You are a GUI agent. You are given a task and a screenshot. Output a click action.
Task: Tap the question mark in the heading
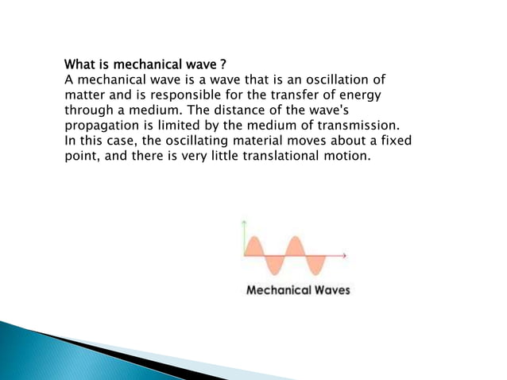(230, 64)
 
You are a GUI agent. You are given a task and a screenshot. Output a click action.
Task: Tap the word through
(90, 110)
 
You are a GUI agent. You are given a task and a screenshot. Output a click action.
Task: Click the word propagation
(102, 125)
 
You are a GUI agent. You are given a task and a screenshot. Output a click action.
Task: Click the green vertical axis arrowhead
(245, 221)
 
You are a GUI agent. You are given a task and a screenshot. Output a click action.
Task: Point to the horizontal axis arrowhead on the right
(344, 255)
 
